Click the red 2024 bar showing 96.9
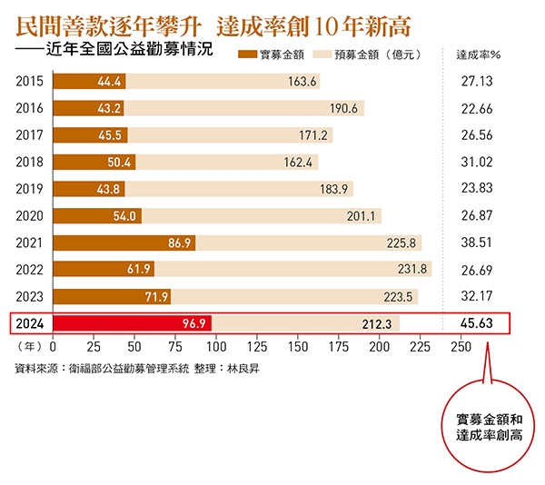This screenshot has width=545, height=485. click(x=132, y=323)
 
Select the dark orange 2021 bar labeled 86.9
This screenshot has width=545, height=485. click(x=124, y=242)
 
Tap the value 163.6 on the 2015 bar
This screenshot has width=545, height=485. click(x=302, y=82)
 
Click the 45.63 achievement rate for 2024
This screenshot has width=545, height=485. click(x=477, y=323)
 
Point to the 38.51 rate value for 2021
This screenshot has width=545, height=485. click(x=477, y=242)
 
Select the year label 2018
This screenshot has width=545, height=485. click(x=31, y=163)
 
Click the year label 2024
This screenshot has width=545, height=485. click(x=31, y=323)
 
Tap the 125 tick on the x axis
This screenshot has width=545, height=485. click(x=257, y=347)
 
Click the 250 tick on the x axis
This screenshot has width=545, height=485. click(x=461, y=347)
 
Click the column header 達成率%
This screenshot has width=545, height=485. click(x=478, y=54)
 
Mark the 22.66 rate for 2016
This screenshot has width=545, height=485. click(x=477, y=109)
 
